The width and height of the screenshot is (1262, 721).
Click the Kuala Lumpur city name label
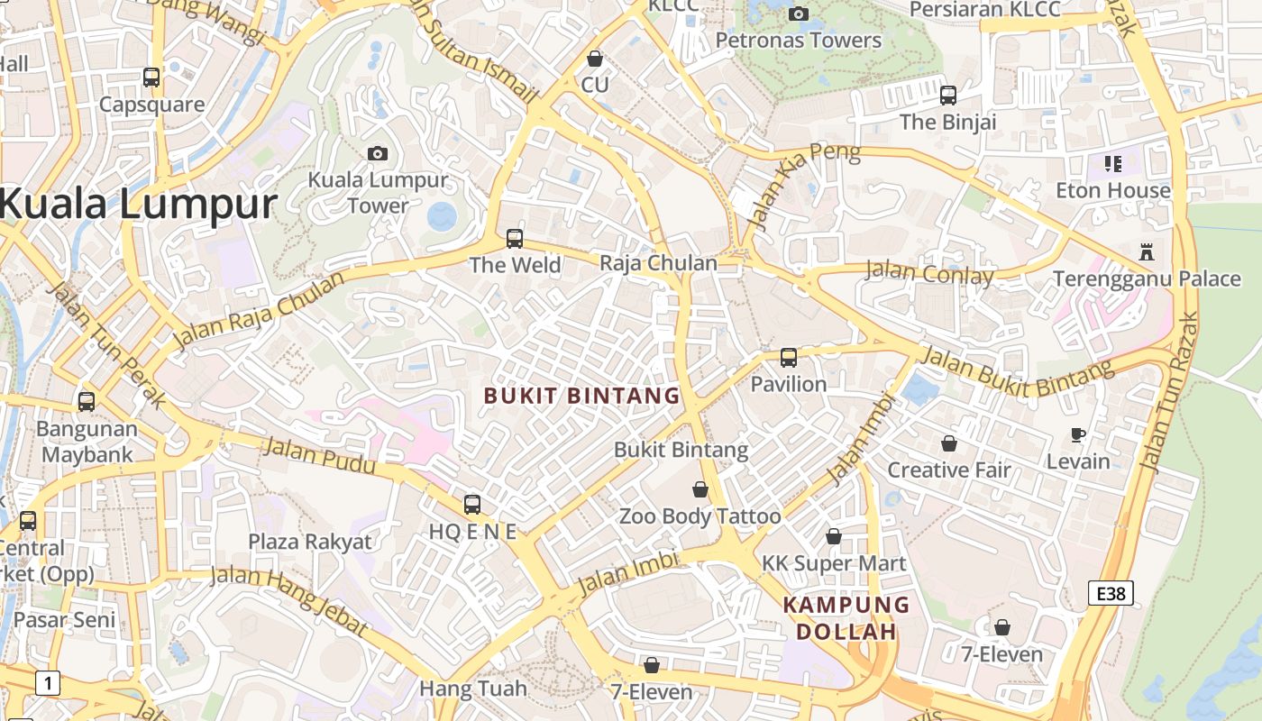point(137,204)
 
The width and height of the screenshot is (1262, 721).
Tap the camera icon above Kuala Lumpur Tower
point(378,153)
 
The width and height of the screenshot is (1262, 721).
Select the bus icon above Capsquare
point(151,78)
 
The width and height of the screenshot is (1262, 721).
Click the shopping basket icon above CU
point(595,59)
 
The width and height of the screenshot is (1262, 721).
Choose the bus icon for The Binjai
point(948,95)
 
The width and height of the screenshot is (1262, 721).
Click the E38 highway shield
point(1111,593)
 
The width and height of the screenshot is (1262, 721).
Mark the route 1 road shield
point(48,683)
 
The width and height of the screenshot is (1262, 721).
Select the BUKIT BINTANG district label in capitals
point(581,396)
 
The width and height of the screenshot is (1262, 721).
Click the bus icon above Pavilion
point(789,358)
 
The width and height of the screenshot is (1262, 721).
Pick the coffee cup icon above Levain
point(1078,435)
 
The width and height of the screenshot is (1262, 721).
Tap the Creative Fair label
point(949,470)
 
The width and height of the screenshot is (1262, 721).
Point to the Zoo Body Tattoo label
point(700,516)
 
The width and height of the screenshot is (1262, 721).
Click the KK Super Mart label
point(834,564)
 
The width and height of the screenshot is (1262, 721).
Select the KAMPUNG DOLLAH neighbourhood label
point(846,617)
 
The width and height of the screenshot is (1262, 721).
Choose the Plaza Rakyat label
point(310,542)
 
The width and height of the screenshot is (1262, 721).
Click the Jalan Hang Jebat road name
point(288,600)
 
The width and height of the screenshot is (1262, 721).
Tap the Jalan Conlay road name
point(928,272)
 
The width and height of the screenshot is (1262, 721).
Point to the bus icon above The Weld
point(515,239)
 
